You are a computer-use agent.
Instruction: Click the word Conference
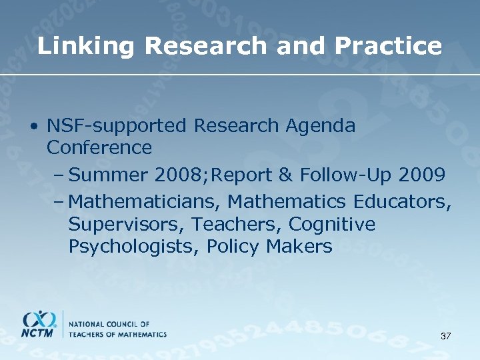pos(99,147)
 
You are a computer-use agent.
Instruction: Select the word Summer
pos(108,175)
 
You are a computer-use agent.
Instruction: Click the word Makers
pos(299,247)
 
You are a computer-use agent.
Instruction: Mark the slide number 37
pos(445,336)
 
